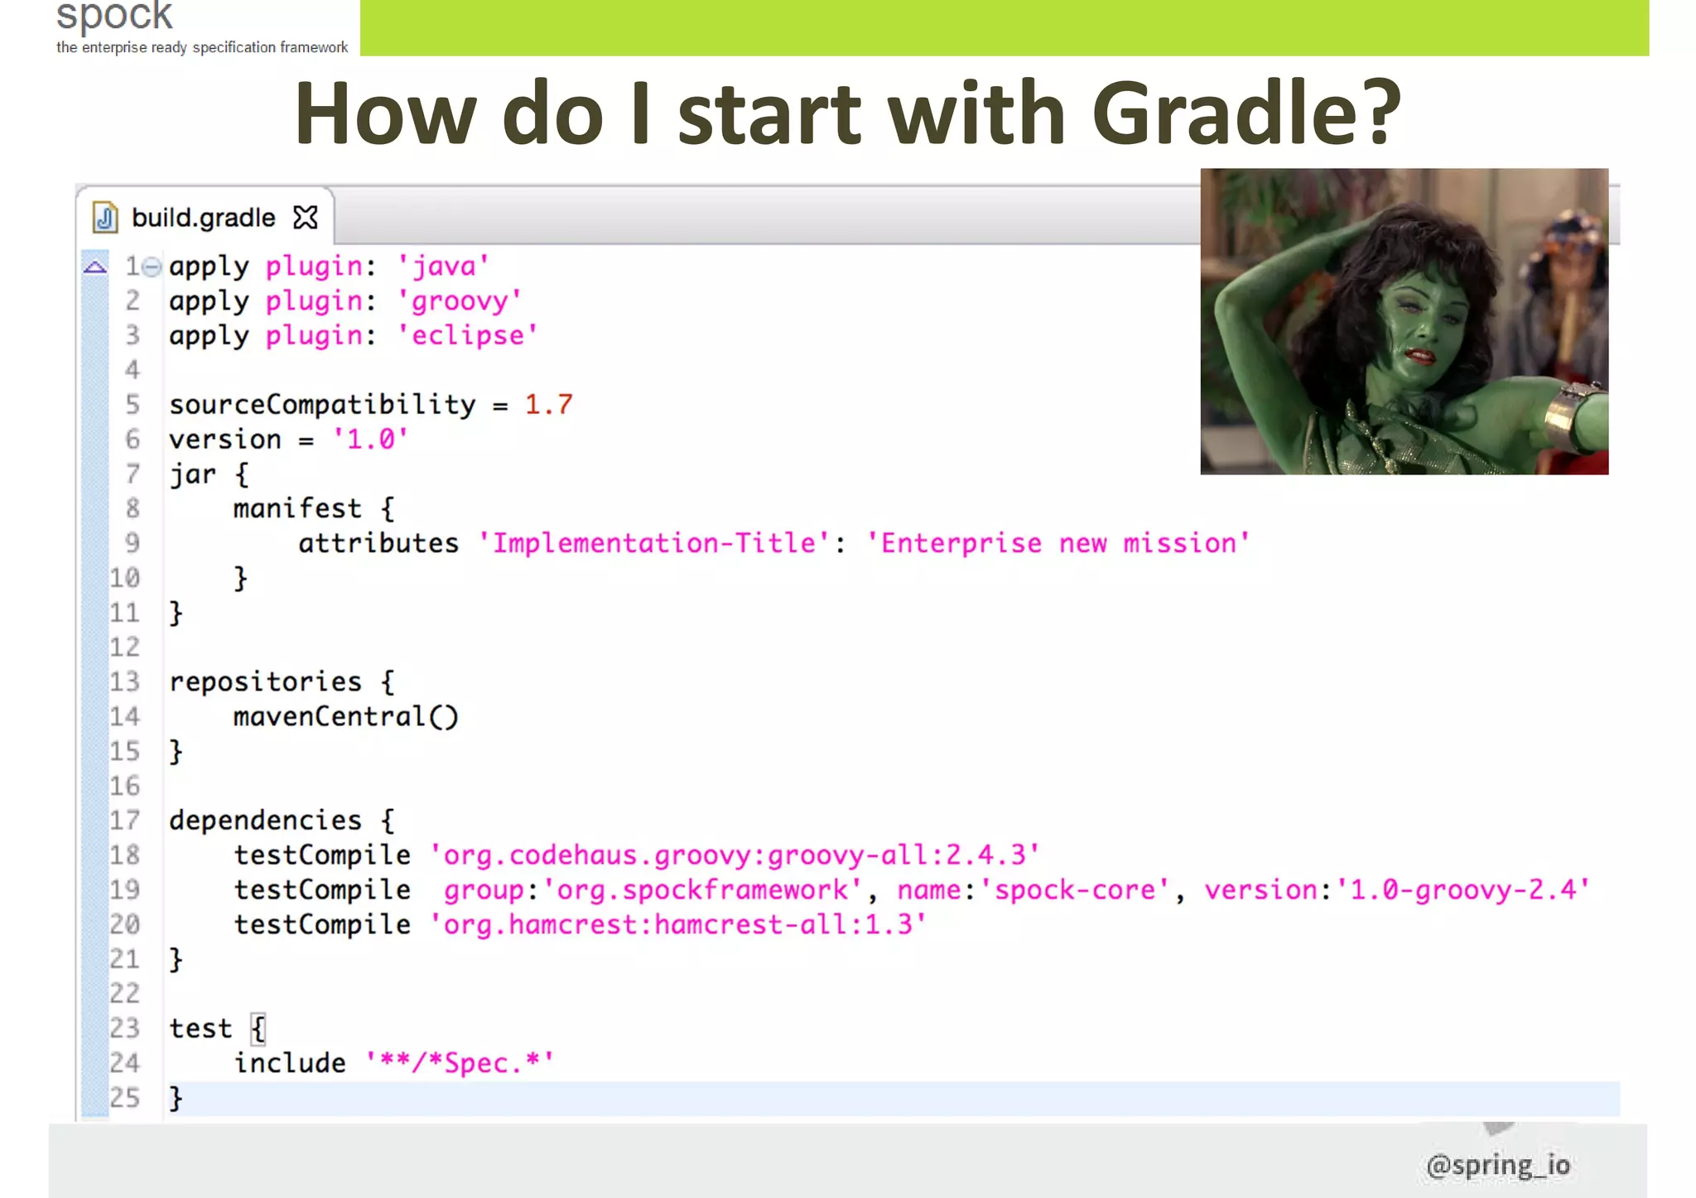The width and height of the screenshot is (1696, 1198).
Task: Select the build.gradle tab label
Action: tap(203, 218)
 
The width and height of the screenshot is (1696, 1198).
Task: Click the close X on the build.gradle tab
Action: tap(306, 218)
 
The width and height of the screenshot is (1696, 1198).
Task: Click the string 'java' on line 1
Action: tap(444, 267)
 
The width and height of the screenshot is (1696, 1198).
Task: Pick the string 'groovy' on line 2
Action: tap(460, 301)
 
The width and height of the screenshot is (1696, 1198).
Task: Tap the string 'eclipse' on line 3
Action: tap(468, 336)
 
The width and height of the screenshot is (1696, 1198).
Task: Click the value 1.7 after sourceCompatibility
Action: tap(548, 405)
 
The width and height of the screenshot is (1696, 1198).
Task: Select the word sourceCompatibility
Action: tap(322, 405)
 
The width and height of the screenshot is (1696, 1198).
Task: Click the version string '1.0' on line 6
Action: tap(370, 440)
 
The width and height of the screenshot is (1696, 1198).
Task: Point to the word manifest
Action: tap(297, 508)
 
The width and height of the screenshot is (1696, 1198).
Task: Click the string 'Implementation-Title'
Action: tap(654, 543)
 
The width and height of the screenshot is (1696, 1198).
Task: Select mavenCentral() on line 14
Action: tap(345, 716)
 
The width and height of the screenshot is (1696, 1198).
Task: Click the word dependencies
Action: tap(265, 820)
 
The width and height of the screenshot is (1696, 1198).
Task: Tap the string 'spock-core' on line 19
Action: tap(1074, 890)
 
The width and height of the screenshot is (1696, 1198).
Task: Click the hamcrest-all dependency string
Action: tap(677, 925)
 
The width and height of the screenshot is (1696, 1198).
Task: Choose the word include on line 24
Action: tap(290, 1063)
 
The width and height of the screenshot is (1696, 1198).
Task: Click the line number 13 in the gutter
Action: tap(125, 682)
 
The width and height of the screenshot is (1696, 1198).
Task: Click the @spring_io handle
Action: tap(1498, 1165)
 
